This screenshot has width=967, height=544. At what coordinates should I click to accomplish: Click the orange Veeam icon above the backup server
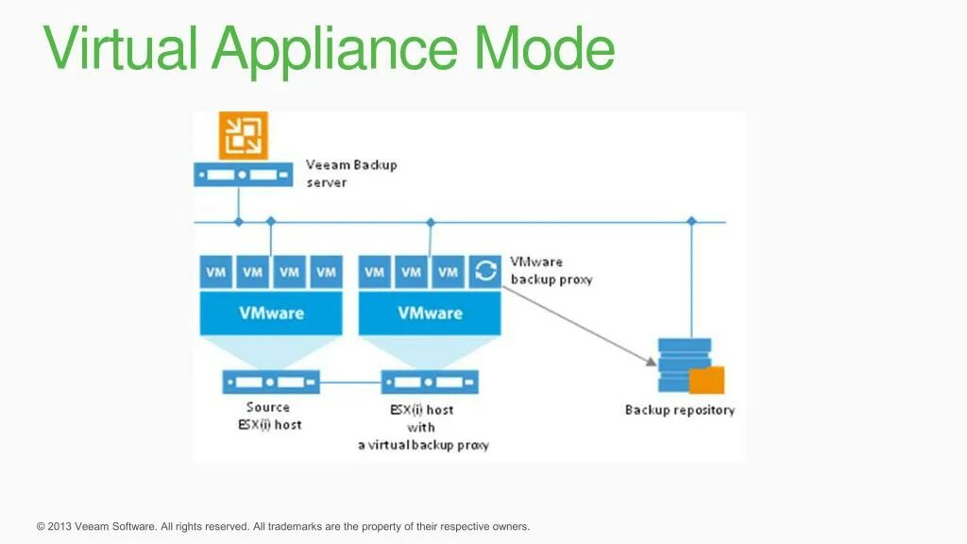click(244, 135)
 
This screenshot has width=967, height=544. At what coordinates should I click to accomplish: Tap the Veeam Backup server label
click(351, 173)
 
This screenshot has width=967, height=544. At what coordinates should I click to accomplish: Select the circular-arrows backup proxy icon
click(485, 272)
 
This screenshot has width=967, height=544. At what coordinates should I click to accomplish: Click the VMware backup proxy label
click(551, 270)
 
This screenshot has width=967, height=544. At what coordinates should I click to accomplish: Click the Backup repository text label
click(679, 410)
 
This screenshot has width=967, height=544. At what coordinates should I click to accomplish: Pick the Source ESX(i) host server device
click(271, 382)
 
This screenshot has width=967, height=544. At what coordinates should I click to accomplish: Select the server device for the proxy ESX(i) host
click(430, 382)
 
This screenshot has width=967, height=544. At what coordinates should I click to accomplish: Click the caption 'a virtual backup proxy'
click(423, 445)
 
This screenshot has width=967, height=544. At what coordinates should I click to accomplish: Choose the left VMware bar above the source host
click(271, 313)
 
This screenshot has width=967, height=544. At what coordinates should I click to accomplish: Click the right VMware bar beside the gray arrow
click(430, 313)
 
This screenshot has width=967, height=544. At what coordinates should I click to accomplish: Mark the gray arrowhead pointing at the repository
click(651, 361)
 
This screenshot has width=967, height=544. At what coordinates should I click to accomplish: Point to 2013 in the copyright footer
click(59, 526)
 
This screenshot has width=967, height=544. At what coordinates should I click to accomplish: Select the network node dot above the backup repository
click(691, 221)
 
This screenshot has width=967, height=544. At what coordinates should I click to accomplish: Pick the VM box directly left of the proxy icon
click(449, 272)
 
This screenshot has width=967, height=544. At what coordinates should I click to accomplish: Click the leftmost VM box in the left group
click(216, 272)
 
